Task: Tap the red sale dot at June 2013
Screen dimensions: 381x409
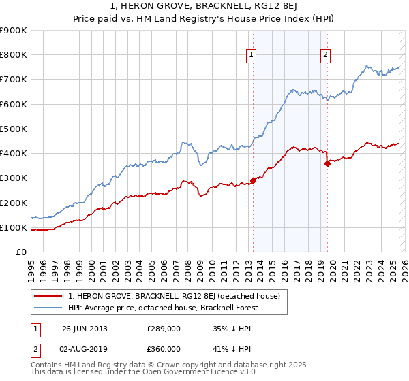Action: pos(253,180)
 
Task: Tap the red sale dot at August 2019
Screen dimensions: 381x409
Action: pos(327,163)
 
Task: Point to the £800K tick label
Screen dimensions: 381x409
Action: pos(14,55)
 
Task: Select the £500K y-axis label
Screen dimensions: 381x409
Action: pos(14,129)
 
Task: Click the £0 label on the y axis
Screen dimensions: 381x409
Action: pos(20,252)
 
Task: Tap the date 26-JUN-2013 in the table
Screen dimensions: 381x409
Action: pos(85,329)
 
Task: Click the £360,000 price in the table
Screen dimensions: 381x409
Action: pos(164,349)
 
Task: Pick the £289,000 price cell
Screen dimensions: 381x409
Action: pos(164,329)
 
